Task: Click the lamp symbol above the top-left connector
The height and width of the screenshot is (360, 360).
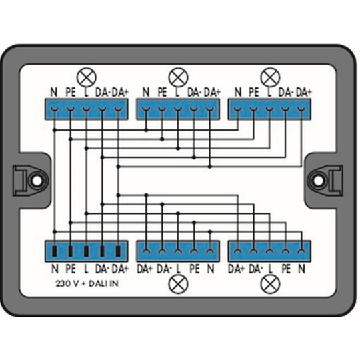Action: [x=86, y=77]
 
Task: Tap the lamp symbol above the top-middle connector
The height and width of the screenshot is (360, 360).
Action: [x=178, y=77]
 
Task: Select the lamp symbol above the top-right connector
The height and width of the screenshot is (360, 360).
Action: [x=271, y=77]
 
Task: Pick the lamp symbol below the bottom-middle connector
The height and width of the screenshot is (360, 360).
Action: [x=178, y=284]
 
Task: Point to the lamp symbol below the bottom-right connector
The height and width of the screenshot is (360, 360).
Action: [x=271, y=284]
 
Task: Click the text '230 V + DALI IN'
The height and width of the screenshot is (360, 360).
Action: [x=87, y=284]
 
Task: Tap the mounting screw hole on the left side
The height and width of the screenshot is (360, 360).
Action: [x=37, y=181]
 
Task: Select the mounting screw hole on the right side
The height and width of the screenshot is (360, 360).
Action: [x=318, y=181]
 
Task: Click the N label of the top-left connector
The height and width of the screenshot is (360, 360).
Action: [x=54, y=92]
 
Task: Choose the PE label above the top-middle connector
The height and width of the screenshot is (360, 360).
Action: [x=162, y=92]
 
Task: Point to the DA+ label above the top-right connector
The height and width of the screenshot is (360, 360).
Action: [x=304, y=92]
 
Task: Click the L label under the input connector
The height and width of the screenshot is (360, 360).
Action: [x=86, y=269]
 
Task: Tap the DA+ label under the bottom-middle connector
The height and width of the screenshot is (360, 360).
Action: [x=145, y=269]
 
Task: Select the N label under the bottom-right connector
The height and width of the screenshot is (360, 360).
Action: [x=302, y=269]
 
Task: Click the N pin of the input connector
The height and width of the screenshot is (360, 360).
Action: [x=55, y=251]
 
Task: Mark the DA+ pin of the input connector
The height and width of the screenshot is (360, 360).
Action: [x=118, y=251]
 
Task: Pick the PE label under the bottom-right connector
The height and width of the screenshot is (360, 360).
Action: [x=286, y=269]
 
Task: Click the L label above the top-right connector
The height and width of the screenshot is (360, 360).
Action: [x=269, y=92]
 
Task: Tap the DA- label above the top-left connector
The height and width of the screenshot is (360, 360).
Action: [x=103, y=92]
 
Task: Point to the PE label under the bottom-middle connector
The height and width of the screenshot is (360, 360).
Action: [x=195, y=269]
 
